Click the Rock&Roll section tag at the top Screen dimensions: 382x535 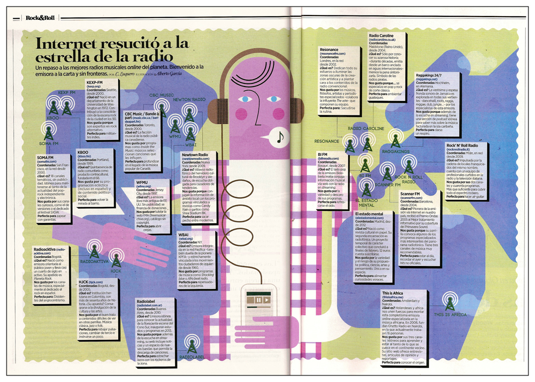40,18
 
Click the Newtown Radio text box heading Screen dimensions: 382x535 196,154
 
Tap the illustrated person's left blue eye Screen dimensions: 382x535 246,99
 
